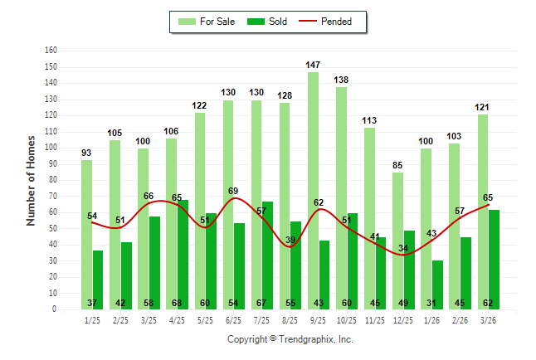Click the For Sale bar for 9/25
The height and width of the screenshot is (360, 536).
pos(313,191)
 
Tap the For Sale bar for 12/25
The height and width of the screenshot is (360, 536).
pos(397,241)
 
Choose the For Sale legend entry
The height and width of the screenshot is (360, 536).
pos(207,22)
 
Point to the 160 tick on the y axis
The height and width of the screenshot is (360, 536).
pos(51,51)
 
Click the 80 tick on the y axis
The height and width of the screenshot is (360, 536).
pos(52,180)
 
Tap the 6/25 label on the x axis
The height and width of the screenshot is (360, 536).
pos(233,319)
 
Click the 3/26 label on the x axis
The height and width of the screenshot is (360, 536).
pos(488,319)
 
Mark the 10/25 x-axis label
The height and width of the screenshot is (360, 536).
pos(346,319)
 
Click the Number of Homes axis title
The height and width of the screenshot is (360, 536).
pos(31,180)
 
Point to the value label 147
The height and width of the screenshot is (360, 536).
pos(313,65)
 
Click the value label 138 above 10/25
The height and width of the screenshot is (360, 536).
pos(341,80)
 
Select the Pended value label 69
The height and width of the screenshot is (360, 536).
pos(233,192)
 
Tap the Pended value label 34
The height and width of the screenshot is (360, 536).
pos(403,248)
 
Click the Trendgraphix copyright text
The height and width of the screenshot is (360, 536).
pos(290,339)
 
